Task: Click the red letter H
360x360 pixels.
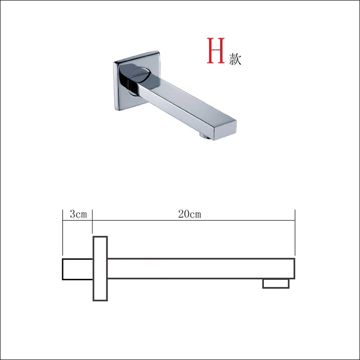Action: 214,51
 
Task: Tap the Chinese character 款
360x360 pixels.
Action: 234,59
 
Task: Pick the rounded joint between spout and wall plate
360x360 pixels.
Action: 137,78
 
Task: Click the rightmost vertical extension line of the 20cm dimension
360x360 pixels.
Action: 294,231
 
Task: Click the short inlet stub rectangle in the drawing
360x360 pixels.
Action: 77,269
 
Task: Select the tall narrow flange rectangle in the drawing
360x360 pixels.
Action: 100,268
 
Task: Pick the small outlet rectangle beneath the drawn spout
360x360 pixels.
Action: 276,283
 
